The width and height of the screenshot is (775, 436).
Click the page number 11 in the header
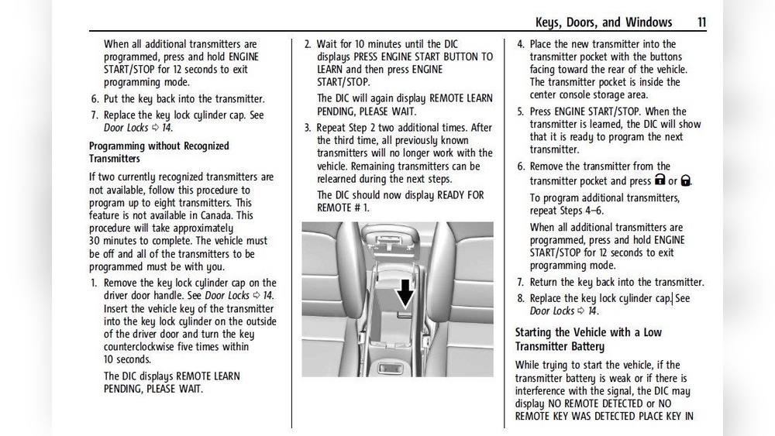coord(701,22)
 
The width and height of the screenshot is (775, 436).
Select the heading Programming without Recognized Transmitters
coord(159,152)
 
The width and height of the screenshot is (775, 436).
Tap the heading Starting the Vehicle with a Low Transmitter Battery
coord(588,339)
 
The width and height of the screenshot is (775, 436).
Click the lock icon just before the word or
coord(660,180)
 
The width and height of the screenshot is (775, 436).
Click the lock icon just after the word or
coord(686,180)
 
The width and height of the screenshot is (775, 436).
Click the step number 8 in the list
coord(521,298)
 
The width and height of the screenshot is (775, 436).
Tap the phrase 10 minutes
coord(374,44)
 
